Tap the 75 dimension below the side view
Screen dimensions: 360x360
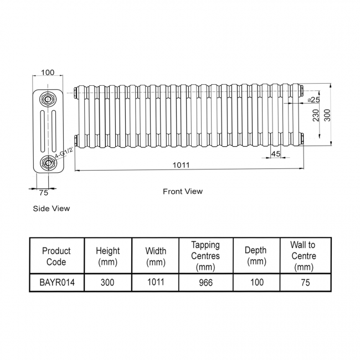tap(44, 193)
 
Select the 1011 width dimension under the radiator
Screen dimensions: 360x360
tap(181, 164)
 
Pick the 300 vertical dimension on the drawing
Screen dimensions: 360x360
tap(327, 115)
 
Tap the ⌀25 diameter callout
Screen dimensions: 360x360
tap(313, 99)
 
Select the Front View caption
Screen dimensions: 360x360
tap(182, 192)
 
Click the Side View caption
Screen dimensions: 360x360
tap(52, 209)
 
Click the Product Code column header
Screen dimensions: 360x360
tap(56, 256)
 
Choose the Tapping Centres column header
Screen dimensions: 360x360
tap(205, 256)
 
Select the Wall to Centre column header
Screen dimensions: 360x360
tap(303, 256)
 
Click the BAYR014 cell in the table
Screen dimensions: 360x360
tap(56, 282)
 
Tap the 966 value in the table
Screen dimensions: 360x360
tap(205, 282)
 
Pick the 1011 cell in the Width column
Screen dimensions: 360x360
tap(155, 282)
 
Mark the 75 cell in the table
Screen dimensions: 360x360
tap(303, 282)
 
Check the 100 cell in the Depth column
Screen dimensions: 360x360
tap(255, 282)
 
